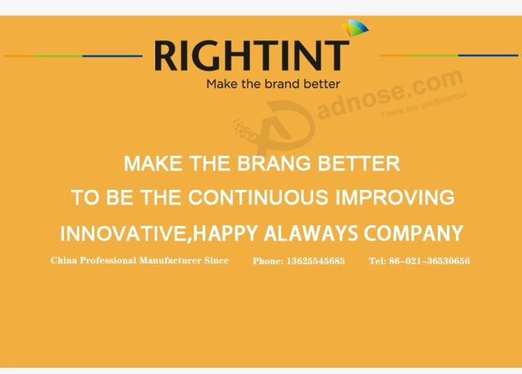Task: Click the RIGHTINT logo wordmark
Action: [252, 55]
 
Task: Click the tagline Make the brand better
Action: [273, 84]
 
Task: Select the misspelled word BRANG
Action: [274, 163]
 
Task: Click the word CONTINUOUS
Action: [258, 197]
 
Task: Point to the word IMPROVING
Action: [395, 197]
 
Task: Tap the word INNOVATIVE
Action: [122, 234]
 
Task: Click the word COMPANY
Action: [413, 233]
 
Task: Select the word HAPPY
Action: [225, 233]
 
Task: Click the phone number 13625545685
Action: [315, 261]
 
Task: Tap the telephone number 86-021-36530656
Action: [429, 261]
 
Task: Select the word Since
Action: [216, 260]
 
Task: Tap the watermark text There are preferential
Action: [423, 105]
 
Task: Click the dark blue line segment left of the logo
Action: [112, 56]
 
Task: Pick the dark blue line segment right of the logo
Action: [489, 55]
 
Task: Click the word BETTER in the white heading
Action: [358, 163]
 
